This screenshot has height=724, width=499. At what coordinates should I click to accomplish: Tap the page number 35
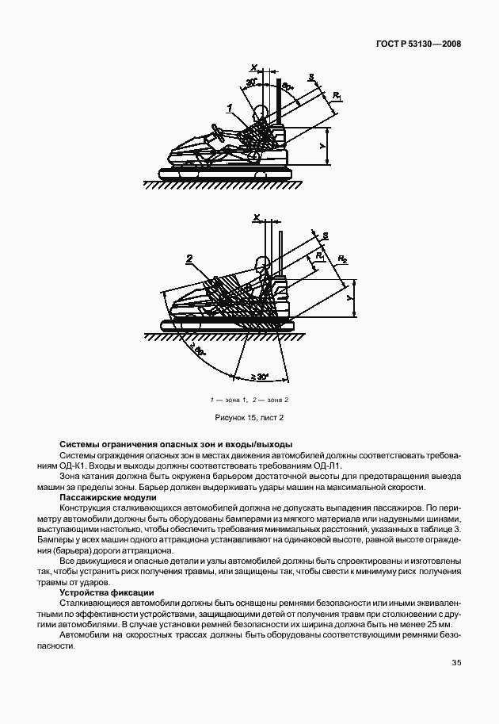click(456, 663)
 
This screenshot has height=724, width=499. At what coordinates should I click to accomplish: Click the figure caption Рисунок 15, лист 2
click(249, 417)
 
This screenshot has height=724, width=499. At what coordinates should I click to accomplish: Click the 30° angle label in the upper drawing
click(252, 82)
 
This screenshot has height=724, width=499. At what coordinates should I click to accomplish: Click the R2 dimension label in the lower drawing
click(343, 259)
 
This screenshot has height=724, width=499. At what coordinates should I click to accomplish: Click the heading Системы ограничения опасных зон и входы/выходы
click(176, 444)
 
